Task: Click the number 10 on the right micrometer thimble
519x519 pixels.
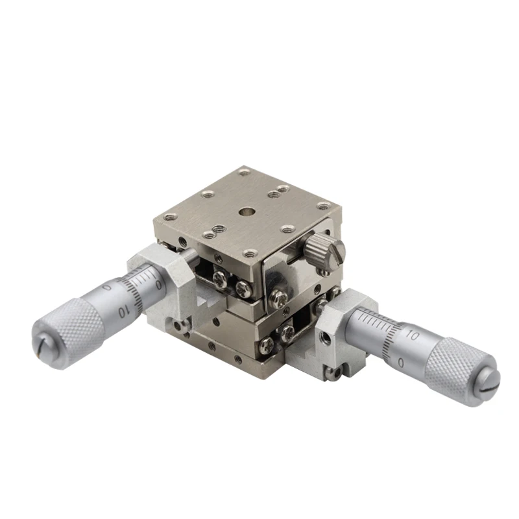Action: click(x=411, y=336)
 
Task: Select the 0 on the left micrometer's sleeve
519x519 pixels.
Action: click(x=158, y=284)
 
